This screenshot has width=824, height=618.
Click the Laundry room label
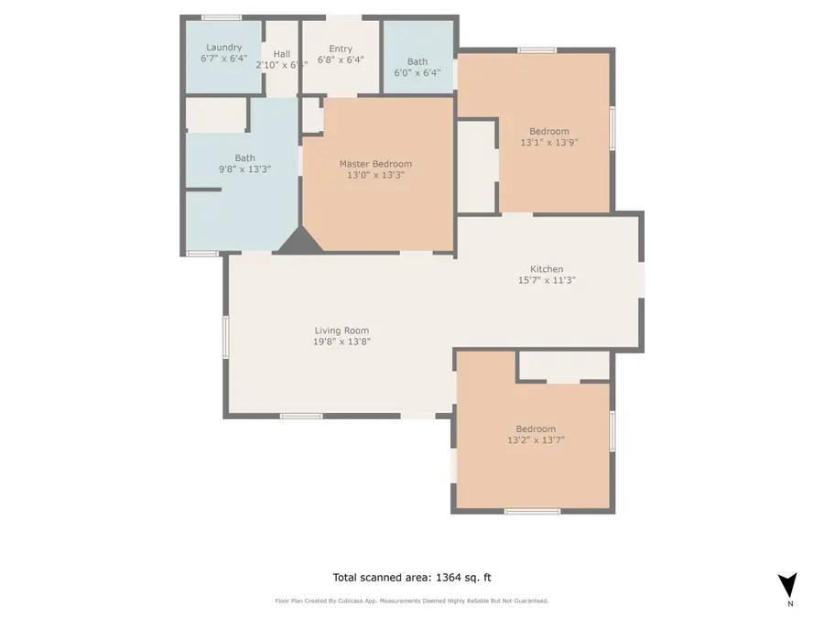tap(223, 47)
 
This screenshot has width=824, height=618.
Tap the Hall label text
tap(281, 53)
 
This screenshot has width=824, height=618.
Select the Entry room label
tap(340, 49)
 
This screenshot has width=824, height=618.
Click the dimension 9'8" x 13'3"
tap(244, 168)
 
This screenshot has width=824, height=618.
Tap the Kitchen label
tap(547, 269)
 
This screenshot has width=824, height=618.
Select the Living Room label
tap(342, 331)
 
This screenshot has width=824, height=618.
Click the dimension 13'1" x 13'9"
tap(548, 142)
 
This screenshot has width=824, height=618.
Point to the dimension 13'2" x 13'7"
tap(535, 439)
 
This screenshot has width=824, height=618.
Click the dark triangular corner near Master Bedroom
tap(298, 241)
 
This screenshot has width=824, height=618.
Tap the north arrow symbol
tap(786, 585)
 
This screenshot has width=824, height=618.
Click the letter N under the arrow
tap(789, 604)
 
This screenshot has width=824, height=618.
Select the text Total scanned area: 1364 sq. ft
tap(411, 577)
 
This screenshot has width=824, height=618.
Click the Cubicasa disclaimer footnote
tap(411, 601)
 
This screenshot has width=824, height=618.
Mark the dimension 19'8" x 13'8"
tap(342, 342)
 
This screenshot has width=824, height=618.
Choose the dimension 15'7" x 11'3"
tap(547, 280)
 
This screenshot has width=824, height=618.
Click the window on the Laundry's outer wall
tap(222, 17)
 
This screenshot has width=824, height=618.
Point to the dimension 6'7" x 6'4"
tap(223, 58)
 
